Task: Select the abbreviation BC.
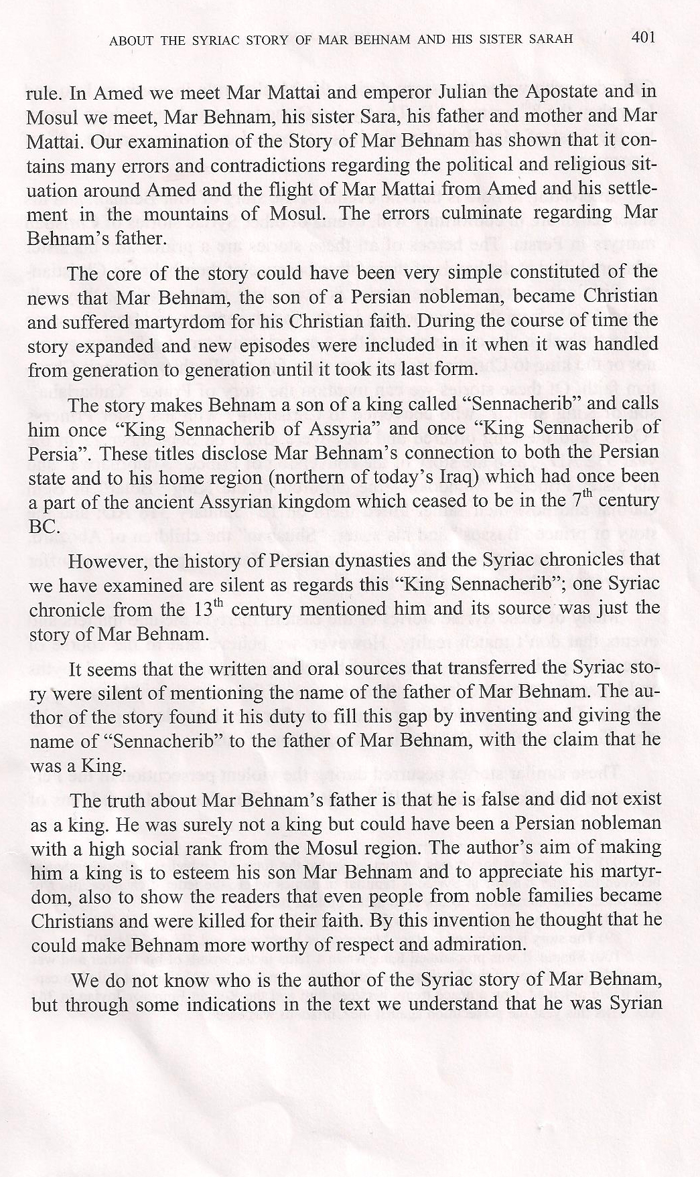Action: pos(39,526)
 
